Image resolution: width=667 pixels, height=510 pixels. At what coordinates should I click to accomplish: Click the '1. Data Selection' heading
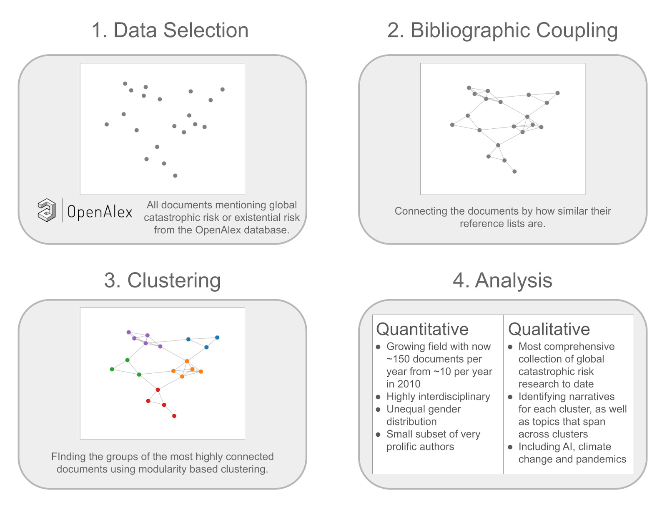point(170,30)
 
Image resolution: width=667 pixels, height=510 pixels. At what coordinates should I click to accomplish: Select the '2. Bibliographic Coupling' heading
point(502,30)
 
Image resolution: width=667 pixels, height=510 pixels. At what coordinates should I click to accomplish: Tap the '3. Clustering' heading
point(162,280)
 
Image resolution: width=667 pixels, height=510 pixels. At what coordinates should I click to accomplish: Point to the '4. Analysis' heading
point(502,280)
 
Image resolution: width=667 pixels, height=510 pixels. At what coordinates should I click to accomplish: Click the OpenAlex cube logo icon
point(47,210)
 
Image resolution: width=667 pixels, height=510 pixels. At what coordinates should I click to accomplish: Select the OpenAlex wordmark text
point(100,212)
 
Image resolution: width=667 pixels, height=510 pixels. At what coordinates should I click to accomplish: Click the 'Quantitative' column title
point(422,329)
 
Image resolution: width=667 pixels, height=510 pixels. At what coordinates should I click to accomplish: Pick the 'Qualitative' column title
point(549,329)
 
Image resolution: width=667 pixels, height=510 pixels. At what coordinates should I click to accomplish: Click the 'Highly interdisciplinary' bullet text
point(438,396)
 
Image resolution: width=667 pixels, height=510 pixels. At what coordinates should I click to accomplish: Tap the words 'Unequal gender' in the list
point(423,409)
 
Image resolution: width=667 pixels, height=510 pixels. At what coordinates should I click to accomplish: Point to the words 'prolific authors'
point(420,446)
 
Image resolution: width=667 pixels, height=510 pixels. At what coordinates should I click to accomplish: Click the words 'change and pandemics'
point(572,459)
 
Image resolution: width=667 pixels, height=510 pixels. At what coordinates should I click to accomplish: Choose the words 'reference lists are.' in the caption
point(502,223)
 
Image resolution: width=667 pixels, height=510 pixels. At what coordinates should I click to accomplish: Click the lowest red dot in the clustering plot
point(174,416)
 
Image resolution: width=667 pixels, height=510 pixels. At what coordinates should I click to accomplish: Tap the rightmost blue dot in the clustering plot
point(217,337)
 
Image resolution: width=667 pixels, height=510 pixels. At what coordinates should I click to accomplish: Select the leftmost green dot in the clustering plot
point(112,369)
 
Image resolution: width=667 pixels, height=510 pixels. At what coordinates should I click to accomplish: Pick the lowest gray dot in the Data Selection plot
point(175,175)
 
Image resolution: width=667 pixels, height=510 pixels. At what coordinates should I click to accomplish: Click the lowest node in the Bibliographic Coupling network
point(514,171)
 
